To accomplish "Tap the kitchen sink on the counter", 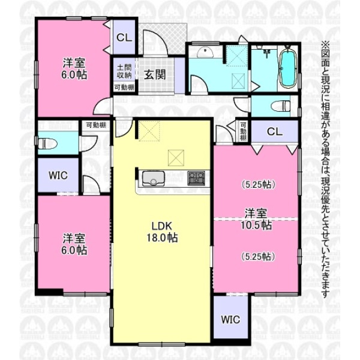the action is pos(153,178).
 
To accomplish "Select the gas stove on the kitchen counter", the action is pos(196,178).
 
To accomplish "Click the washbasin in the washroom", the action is pos(205,52).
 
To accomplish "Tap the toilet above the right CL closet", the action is pos(281,106).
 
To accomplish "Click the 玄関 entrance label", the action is pos(155,74).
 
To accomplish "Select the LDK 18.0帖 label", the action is pos(162,232).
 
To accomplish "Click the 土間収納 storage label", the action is pos(124,71).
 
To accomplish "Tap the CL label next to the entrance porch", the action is pos(124,38).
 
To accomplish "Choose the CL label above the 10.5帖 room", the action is pos(275,132).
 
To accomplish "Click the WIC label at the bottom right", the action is pos(230,319).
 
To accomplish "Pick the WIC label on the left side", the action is pos(58,175).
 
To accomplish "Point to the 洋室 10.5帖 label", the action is pos(256,219).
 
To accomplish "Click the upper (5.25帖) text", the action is pos(258,185).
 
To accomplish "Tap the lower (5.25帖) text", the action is pos(258,257).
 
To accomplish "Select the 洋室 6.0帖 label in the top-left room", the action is pos(74,68).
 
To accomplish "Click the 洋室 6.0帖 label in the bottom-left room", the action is pos(74,244).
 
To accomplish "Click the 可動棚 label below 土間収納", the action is pos(124,88).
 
